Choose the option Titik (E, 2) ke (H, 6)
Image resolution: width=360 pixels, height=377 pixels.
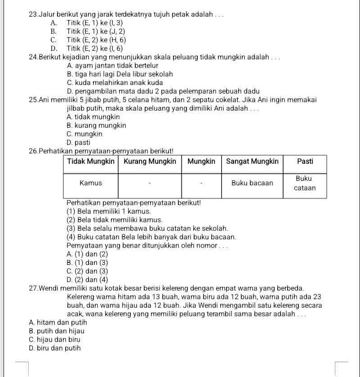coord(95,40)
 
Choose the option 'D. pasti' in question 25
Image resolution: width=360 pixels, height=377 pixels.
coord(78,143)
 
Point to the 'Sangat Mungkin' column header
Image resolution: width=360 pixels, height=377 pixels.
coord(252,161)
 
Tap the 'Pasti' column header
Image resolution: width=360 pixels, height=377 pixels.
coord(305,161)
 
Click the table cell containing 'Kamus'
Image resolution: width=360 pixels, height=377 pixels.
coord(91,183)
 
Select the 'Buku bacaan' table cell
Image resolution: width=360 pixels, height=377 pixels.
coord(252,183)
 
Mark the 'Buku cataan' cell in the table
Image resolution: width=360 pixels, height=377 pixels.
coord(305,183)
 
